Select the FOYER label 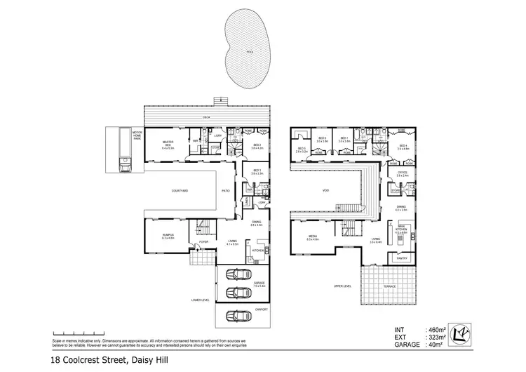click(x=204, y=241)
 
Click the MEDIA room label click(x=312, y=237)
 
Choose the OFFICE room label click(x=403, y=173)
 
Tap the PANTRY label click(x=403, y=258)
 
